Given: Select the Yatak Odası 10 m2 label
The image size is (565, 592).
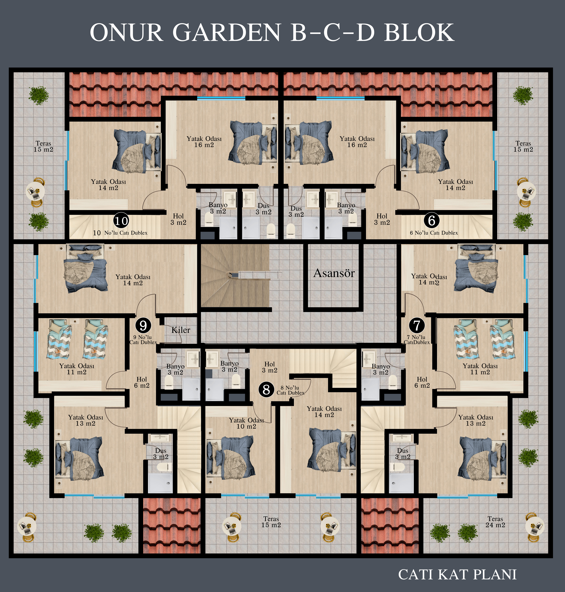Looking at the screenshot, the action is (246, 423).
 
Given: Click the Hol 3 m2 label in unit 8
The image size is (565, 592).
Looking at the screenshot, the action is (270, 367).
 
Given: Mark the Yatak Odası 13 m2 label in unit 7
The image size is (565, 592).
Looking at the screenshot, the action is (476, 420).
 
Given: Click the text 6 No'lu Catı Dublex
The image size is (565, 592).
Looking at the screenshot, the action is (434, 233).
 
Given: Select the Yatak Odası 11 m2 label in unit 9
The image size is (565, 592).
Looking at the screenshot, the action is (77, 369).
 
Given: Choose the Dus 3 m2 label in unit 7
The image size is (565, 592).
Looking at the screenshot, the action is (403, 454).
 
